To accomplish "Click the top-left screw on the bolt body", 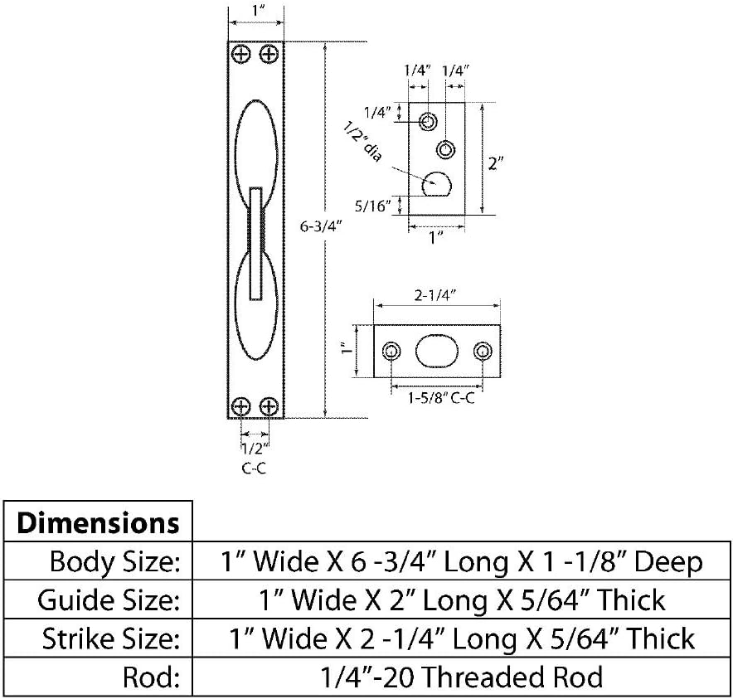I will pyautogui.click(x=241, y=55).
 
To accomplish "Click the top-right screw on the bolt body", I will pyautogui.click(x=269, y=55).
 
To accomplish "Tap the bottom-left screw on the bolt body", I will pyautogui.click(x=241, y=406).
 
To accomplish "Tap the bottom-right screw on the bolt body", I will pyautogui.click(x=269, y=406).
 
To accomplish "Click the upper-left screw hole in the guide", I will pyautogui.click(x=428, y=122).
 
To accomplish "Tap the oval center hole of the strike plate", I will pyautogui.click(x=436, y=352).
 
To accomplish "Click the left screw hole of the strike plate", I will pyautogui.click(x=391, y=352).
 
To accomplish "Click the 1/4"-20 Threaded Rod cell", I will pyautogui.click(x=462, y=677).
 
